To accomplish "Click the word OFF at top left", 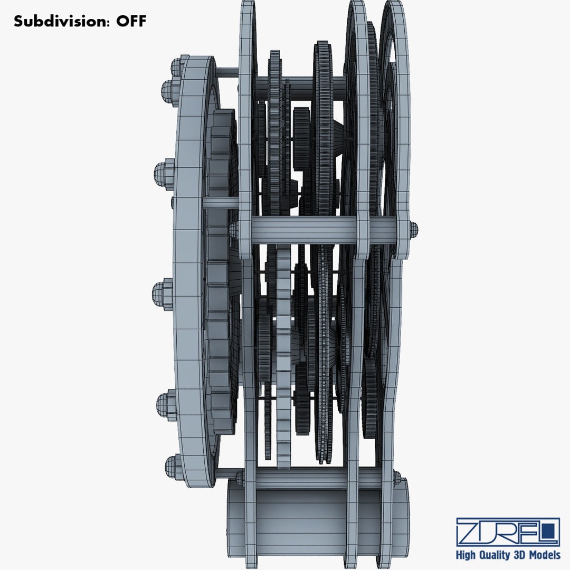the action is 131,21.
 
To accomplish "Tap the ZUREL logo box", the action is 508,532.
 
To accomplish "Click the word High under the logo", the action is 465,555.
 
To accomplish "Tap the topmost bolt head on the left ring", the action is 177,66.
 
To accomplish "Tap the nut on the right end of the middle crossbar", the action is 414,230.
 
